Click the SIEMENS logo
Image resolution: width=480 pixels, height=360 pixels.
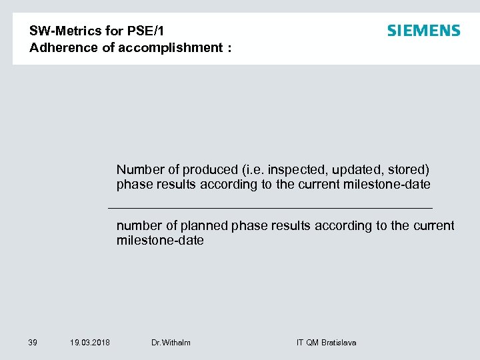(423, 31)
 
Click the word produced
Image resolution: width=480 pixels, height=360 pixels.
(211, 169)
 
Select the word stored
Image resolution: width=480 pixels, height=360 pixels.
(407, 169)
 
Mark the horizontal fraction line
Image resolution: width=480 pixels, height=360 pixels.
(270, 209)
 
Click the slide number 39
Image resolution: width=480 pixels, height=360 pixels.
(33, 343)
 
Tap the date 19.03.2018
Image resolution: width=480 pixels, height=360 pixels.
(90, 343)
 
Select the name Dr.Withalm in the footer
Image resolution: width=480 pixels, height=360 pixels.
(171, 343)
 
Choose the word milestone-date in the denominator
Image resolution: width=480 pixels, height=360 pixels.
(160, 240)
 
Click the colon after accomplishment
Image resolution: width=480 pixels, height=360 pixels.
(229, 47)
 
